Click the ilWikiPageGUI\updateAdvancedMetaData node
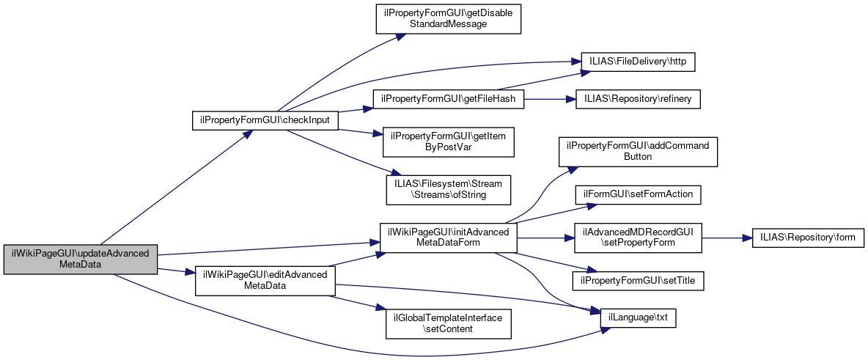(81, 260)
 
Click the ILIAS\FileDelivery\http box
(637, 62)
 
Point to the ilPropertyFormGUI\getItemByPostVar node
(448, 142)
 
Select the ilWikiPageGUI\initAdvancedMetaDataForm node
(448, 238)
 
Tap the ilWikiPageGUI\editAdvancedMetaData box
(265, 281)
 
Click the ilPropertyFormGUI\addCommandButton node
(637, 151)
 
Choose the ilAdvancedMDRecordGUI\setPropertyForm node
(637, 238)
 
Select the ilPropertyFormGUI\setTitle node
(637, 280)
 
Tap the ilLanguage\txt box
(638, 318)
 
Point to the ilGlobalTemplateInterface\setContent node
(448, 323)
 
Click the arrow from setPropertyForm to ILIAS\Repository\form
(727, 238)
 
